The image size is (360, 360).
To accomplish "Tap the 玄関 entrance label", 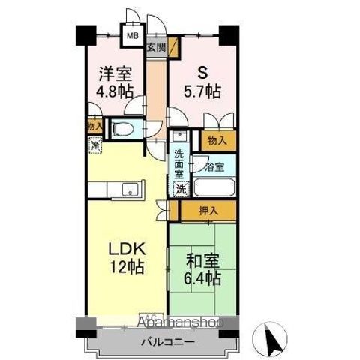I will click(x=155, y=49).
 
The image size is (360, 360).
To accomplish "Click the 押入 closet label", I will click(x=209, y=211).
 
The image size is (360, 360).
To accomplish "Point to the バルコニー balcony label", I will click(x=169, y=342).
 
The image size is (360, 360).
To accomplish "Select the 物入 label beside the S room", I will click(x=217, y=139).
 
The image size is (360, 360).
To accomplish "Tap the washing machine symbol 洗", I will click(x=181, y=189).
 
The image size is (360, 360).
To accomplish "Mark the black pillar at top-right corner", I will click(x=227, y=34).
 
